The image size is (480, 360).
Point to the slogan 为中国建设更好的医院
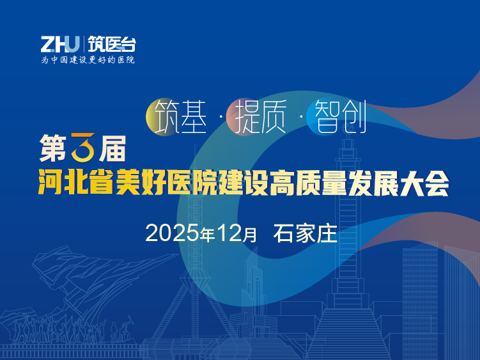click(x=88, y=60)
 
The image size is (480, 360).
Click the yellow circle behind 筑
click(x=161, y=116)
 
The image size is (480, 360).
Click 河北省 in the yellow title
click(x=75, y=185)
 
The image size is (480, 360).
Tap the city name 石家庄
click(x=305, y=233)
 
